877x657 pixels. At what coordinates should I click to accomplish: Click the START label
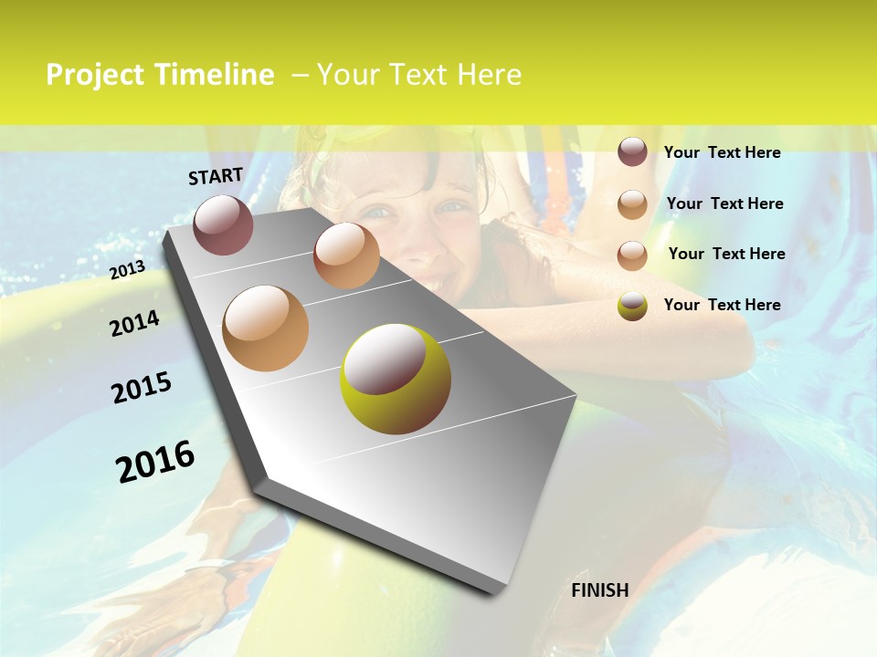point(216,175)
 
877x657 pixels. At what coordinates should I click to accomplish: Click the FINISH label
point(599,590)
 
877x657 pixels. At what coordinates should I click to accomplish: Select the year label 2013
point(127,270)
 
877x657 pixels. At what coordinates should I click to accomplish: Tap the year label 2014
point(134,323)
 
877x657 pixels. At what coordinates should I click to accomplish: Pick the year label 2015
point(142,388)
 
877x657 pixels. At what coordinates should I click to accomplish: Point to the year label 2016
point(155,462)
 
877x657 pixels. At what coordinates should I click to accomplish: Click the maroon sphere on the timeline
point(223,224)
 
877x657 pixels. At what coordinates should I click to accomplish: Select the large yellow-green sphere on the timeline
point(396,379)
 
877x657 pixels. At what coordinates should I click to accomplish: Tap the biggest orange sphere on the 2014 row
point(265,328)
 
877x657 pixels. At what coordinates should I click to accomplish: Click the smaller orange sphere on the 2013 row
point(346,255)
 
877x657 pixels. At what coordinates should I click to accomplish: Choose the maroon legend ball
point(632,151)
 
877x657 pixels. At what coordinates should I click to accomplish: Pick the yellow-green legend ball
point(632,306)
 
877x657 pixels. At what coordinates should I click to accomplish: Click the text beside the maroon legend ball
point(722,152)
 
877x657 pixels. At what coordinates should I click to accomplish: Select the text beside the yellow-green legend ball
point(722,305)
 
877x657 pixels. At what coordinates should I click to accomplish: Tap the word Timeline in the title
point(214,75)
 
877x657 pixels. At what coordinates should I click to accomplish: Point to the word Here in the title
point(488,75)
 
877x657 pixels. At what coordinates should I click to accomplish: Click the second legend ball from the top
point(632,203)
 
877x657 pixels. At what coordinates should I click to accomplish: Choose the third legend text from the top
point(726,254)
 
